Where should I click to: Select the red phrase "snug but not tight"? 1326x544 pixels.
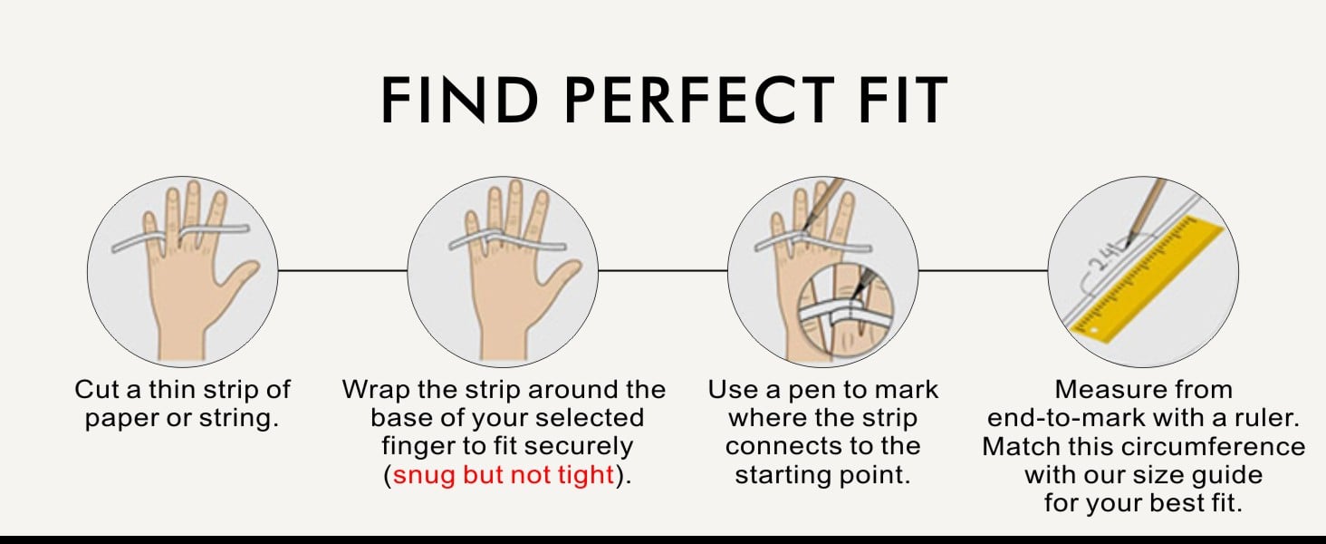tap(504, 475)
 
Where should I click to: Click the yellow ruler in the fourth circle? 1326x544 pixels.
tap(1146, 278)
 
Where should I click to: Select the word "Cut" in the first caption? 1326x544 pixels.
tap(98, 390)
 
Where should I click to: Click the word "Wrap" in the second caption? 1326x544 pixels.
tap(376, 391)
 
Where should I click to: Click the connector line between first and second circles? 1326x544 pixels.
tap(342, 271)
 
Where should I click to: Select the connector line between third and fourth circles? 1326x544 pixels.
tap(983, 271)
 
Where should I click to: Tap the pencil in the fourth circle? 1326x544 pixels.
tap(1145, 211)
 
